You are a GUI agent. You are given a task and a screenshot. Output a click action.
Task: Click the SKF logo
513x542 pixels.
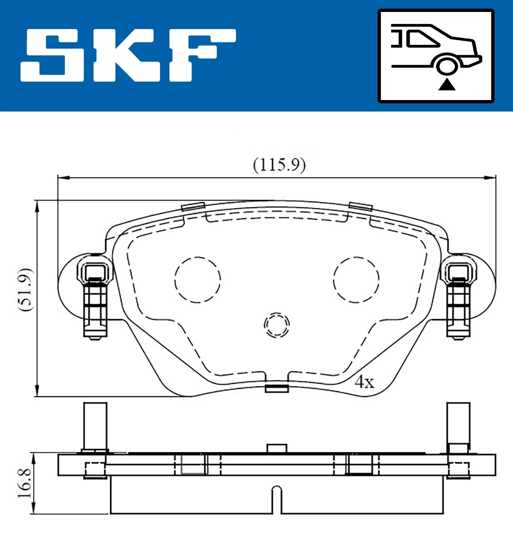(128, 55)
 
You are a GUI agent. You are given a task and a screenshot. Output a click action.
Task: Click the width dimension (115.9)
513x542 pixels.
(279, 165)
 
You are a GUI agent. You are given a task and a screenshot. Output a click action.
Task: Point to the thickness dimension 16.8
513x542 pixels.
(24, 483)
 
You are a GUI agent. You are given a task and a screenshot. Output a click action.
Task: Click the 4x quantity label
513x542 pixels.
(364, 382)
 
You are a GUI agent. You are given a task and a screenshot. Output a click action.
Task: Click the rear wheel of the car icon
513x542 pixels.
(447, 66)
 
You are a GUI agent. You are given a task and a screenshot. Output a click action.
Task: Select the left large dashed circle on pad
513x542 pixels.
(198, 280)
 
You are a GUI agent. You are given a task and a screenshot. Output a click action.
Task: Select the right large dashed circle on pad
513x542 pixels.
(356, 280)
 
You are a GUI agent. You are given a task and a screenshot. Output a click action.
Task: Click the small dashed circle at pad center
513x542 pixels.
(277, 325)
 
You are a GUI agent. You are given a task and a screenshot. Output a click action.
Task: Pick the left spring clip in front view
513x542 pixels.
(94, 299)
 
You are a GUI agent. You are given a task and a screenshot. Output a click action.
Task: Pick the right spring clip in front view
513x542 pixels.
(459, 299)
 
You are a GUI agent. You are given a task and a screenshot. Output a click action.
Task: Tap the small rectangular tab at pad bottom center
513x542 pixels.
(277, 388)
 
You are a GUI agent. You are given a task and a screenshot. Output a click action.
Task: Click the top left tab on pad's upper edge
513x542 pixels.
(193, 206)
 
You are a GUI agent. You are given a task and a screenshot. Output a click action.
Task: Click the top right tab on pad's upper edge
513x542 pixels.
(360, 206)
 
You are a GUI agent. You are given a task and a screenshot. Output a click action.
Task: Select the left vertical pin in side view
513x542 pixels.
(95, 425)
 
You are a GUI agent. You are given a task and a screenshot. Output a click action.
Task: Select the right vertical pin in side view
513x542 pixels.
(458, 425)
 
